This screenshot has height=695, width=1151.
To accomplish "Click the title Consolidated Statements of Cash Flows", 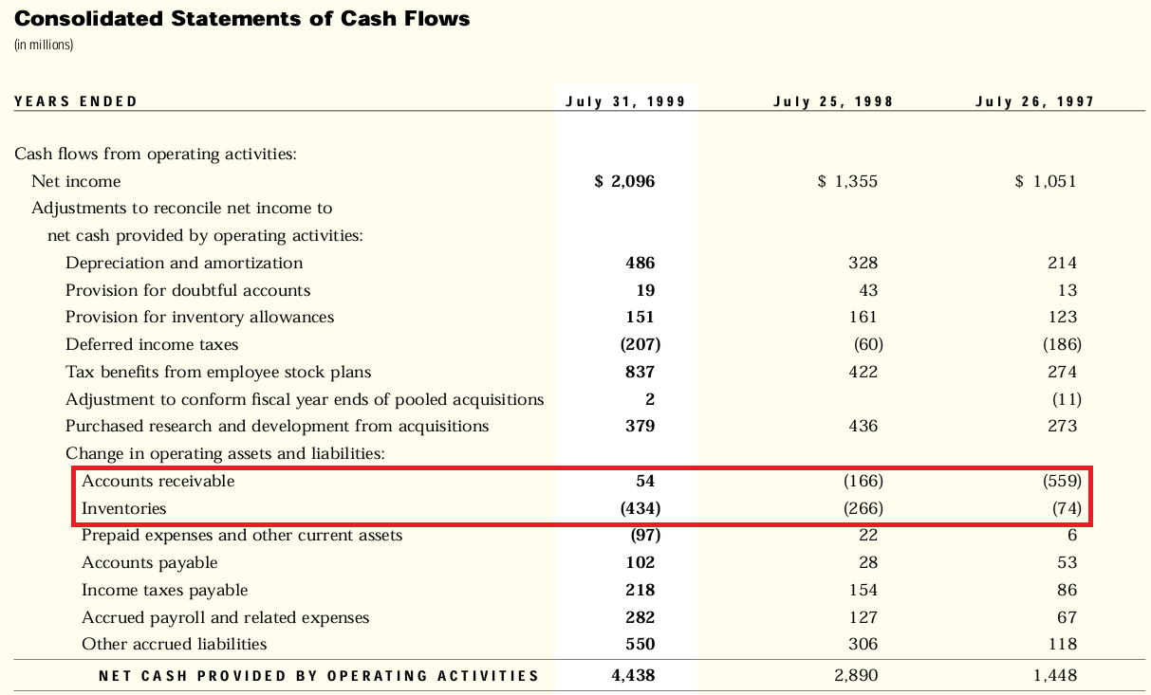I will click(242, 19).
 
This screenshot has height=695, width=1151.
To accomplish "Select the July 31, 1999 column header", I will click(625, 101).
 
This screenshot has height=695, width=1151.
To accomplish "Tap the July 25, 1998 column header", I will click(833, 101).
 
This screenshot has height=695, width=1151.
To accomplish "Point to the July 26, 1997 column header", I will click(1034, 101).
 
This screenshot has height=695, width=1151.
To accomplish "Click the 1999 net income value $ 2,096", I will click(624, 181).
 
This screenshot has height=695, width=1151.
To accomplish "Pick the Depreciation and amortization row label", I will click(184, 263).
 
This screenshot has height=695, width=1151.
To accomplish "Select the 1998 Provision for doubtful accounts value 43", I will click(867, 290).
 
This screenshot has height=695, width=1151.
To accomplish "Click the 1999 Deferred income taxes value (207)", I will click(640, 344).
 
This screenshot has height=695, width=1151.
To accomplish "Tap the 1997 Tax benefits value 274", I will click(1062, 372).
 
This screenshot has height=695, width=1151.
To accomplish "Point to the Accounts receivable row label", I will click(158, 481).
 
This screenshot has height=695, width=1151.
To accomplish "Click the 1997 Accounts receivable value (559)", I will click(1062, 481).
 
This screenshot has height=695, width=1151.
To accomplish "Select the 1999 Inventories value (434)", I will click(640, 508).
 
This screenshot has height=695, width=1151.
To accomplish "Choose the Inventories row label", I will click(123, 508).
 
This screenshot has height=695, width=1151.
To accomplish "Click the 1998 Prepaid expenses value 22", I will click(867, 536).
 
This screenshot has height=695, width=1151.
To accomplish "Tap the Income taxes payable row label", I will click(164, 590).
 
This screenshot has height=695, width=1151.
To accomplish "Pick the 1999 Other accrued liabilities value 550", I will click(640, 644).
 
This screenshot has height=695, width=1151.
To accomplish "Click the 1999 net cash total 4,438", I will click(633, 676).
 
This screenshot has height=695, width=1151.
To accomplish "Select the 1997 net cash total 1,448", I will click(1054, 676).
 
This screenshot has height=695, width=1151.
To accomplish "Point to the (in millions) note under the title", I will click(44, 45).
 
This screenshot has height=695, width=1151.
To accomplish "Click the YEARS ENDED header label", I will click(76, 101).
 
